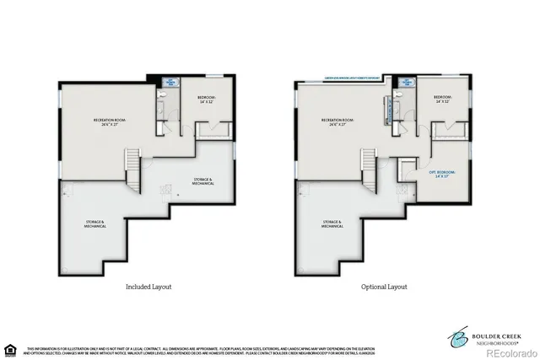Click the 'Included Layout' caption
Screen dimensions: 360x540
[148, 287]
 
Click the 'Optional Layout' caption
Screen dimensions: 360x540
[384, 287]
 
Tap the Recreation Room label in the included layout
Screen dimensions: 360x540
[111, 122]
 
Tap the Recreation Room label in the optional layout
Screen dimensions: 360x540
[338, 122]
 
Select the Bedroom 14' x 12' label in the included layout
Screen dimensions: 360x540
[206, 99]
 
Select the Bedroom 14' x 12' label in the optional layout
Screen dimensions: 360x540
[443, 99]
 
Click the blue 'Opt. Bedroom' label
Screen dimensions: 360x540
[443, 174]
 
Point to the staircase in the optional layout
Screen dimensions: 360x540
[368, 164]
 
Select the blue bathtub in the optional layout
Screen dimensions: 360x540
[408, 83]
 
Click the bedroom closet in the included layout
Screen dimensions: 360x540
[221, 129]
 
